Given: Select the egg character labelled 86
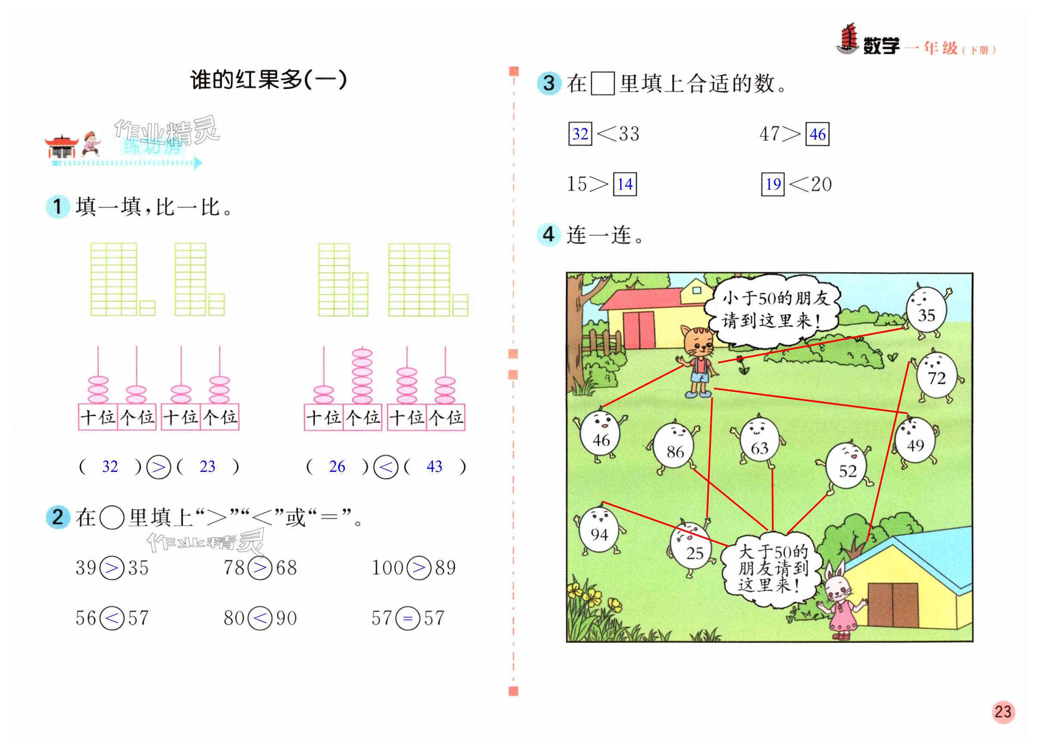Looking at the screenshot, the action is (674, 447).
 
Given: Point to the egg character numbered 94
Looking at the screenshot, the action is (599, 532).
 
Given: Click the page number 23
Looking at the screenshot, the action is (1003, 711).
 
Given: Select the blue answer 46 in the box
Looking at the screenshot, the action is (817, 134).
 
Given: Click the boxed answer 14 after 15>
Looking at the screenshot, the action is (625, 184).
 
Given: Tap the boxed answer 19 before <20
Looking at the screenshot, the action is (773, 184).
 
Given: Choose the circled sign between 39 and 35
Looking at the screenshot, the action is (112, 568).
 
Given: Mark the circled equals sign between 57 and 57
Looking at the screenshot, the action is (408, 618).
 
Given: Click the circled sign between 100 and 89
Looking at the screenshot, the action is (419, 568).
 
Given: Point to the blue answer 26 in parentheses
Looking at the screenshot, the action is (337, 466).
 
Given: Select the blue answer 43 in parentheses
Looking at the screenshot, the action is (434, 466).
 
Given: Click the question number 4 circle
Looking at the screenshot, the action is (548, 234).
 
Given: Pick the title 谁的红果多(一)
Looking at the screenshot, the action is (268, 80).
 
